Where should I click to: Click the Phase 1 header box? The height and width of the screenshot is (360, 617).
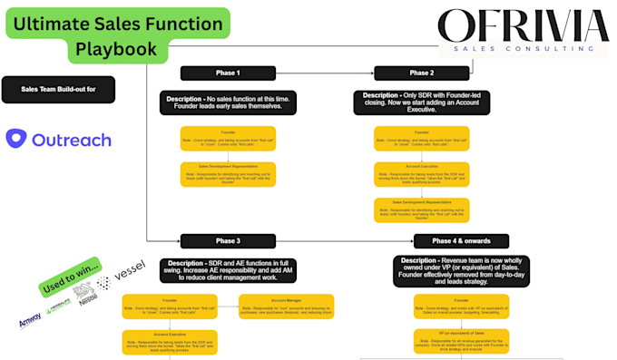(228, 73)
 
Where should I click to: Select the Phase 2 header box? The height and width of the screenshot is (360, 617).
(421, 73)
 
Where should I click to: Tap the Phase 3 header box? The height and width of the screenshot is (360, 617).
(228, 240)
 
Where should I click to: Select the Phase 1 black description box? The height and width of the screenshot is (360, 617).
(228, 102)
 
